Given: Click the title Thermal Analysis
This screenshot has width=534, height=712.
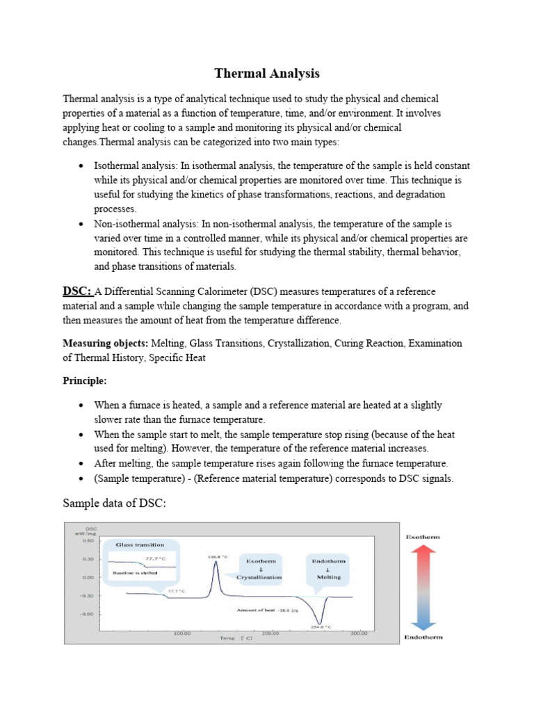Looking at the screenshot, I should [266, 73].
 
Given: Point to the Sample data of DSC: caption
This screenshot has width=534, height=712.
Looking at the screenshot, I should [115, 502].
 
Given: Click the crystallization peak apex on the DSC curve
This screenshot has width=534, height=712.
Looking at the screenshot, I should [216, 563].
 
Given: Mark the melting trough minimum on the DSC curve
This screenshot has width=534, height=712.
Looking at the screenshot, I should [320, 624].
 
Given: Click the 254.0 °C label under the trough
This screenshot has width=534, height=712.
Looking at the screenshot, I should [320, 629].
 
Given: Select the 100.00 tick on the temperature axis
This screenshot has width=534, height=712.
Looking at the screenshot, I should [181, 633].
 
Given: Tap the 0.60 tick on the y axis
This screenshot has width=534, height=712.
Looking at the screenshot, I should [88, 540].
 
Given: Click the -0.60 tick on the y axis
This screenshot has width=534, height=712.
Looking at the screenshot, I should [87, 614].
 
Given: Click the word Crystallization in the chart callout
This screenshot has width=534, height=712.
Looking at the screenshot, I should [260, 577].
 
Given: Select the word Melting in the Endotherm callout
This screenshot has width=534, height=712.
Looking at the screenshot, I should [329, 577].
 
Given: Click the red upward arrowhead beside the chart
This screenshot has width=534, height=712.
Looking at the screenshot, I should [423, 549].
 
